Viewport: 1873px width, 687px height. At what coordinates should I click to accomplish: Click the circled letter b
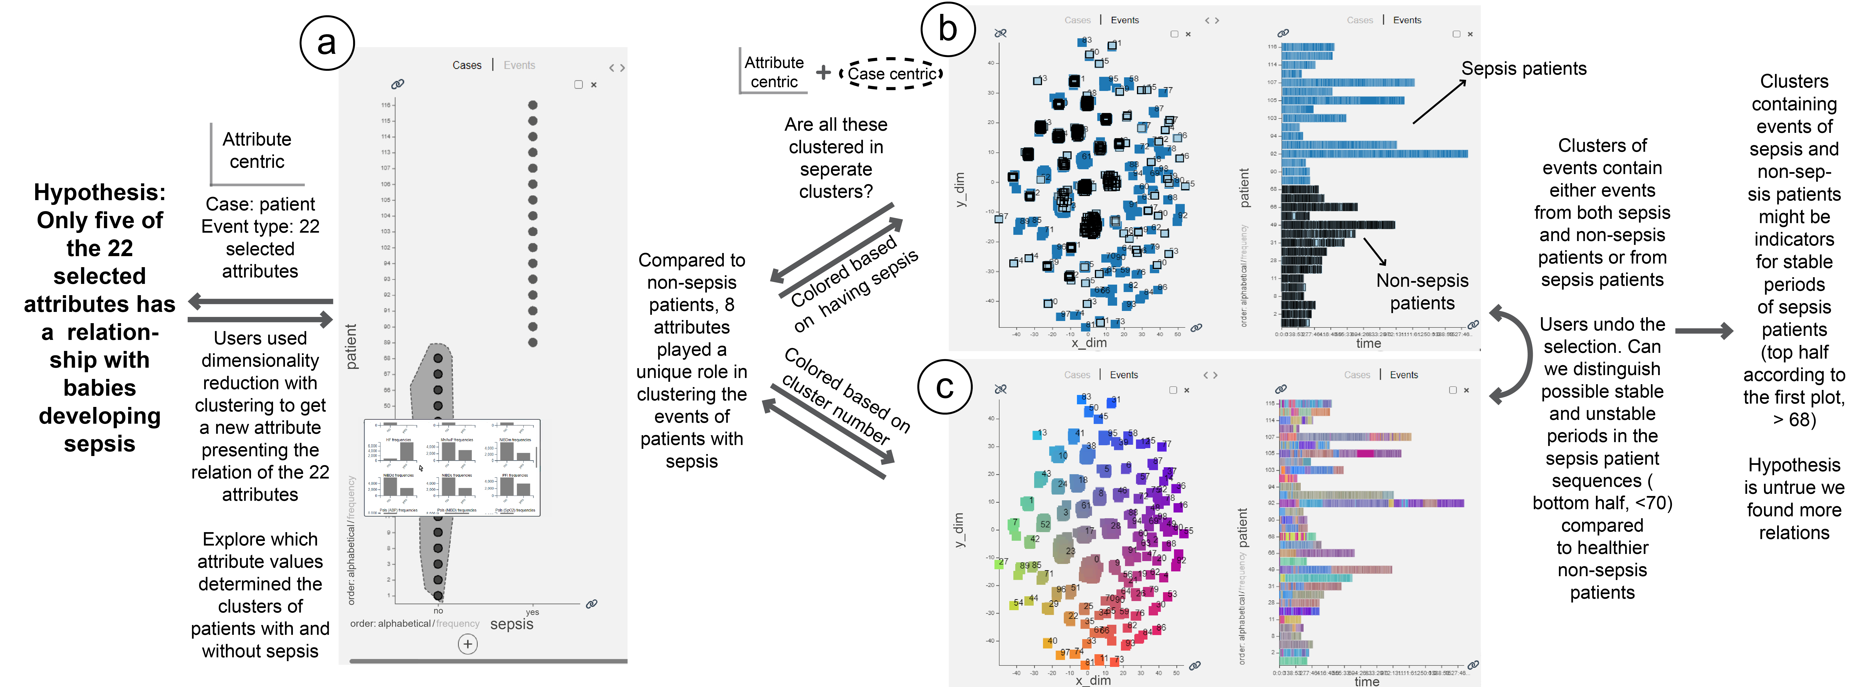pos(947,29)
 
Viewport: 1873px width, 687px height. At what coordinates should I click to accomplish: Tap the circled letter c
pos(945,386)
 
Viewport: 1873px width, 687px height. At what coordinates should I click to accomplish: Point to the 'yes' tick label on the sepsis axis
pos(532,612)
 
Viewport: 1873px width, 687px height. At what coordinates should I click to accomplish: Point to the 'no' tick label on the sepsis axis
pos(438,611)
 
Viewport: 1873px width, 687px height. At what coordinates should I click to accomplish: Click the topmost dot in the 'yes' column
pos(533,105)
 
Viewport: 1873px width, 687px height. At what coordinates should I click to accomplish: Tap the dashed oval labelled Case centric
pos(891,73)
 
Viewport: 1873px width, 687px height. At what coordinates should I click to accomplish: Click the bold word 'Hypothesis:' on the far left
pos(100,192)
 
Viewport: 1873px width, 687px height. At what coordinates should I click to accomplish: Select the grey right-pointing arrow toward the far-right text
pos(1704,331)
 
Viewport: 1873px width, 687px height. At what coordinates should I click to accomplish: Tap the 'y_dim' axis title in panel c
pos(958,530)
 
